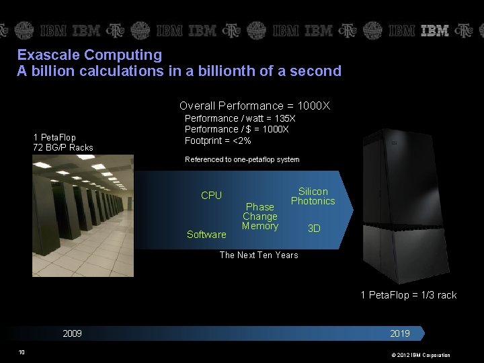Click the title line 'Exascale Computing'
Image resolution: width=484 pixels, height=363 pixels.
tap(89, 54)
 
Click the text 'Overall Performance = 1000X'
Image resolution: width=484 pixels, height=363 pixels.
tap(255, 106)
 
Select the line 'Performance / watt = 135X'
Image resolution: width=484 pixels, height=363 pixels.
tap(240, 118)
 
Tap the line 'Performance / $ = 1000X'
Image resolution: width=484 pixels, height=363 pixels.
tap(237, 129)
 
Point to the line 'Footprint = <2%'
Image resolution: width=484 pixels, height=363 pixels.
tap(218, 140)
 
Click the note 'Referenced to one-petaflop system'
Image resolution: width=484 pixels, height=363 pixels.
tap(242, 159)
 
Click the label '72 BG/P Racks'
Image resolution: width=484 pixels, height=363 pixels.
tap(63, 147)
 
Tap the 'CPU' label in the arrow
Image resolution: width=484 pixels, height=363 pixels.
tap(211, 195)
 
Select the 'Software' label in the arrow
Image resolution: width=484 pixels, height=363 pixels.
tap(206, 235)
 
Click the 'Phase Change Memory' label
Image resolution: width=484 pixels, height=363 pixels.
tap(260, 216)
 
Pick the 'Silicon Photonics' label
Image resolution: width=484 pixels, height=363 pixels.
tap(313, 196)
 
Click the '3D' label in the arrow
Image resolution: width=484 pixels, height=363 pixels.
tap(314, 229)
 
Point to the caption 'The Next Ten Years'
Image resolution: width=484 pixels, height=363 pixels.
tap(259, 255)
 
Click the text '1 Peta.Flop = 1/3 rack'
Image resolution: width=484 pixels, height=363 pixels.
tap(408, 294)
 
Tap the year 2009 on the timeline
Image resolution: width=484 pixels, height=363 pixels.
tap(72, 333)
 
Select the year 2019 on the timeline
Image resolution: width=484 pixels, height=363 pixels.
tap(399, 333)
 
